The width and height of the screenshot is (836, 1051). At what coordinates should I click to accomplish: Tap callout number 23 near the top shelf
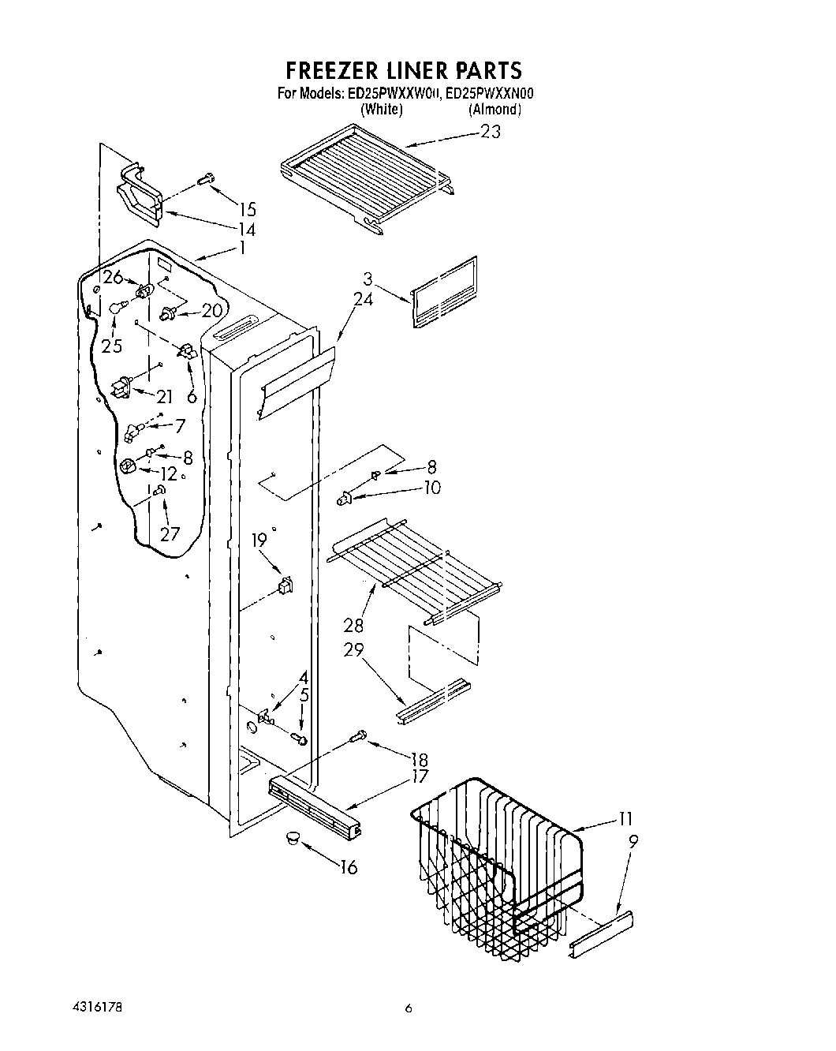490,132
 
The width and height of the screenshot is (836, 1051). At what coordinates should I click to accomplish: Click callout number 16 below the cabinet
348,868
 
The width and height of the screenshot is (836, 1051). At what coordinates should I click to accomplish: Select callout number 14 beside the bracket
248,230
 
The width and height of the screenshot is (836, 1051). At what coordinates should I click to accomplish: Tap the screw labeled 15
207,180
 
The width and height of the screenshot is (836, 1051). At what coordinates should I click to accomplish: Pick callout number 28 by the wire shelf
353,625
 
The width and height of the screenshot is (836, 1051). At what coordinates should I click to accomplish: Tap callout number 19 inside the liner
259,540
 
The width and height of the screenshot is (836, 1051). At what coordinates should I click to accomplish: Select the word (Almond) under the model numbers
495,110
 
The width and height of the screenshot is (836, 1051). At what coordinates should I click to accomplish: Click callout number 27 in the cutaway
170,534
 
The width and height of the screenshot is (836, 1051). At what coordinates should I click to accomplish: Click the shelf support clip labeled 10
343,497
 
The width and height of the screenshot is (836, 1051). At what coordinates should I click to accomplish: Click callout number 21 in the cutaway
165,397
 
